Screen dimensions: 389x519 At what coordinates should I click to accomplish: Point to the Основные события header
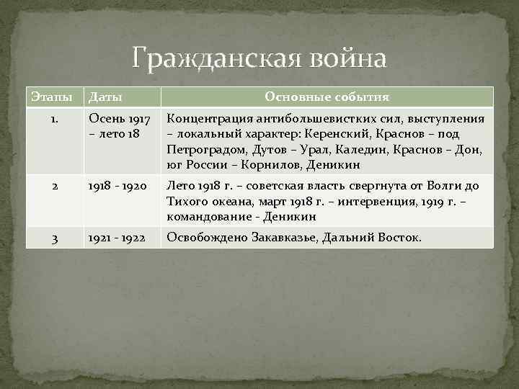pyautogui.click(x=327, y=97)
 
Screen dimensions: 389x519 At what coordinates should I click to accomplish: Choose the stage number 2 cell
pyautogui.click(x=54, y=186)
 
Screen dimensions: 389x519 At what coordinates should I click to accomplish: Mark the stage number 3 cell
pyautogui.click(x=54, y=237)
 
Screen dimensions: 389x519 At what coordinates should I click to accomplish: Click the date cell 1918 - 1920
pyautogui.click(x=117, y=186)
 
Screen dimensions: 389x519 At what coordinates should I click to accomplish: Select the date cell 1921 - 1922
pyautogui.click(x=117, y=237)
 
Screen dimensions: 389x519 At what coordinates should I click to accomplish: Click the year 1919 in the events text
pyautogui.click(x=438, y=201)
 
